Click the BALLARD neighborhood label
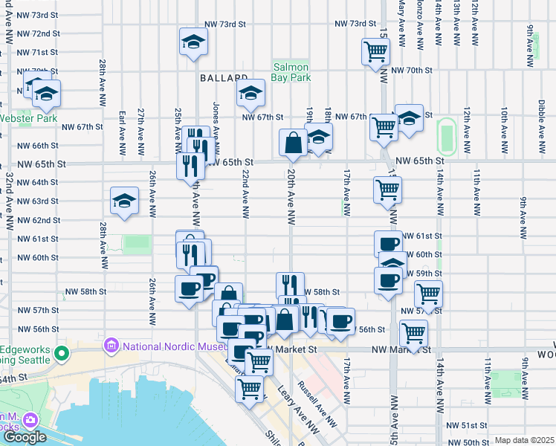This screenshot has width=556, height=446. click(223, 77)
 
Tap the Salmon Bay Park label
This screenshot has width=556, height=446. click(290, 71)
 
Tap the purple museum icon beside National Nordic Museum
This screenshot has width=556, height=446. click(112, 346)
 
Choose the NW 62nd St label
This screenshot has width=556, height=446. click(39, 220)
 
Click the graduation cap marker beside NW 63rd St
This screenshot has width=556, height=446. click(125, 200)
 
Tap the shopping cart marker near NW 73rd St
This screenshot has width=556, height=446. click(375, 52)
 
